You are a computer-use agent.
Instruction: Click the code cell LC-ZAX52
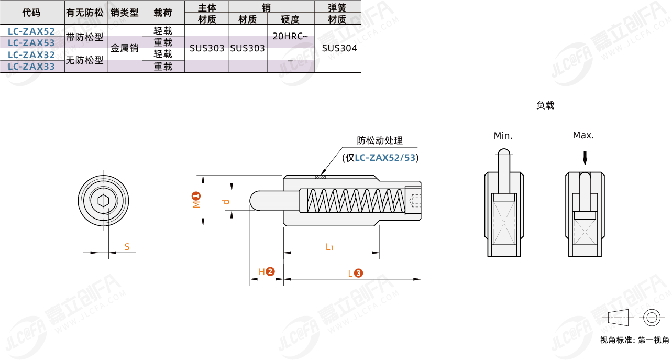pos(31,31)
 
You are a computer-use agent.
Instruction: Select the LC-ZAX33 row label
pos(31,67)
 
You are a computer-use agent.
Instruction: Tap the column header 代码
pos(31,13)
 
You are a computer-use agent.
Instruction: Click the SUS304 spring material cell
pos(339,48)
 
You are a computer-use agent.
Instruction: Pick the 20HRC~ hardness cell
pos(290,36)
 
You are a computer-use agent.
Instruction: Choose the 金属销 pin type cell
pos(125,48)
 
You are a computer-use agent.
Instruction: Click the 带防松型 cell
pos(85,37)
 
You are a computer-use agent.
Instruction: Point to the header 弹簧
pos(337,7)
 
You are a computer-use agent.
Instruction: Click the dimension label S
pos(127,246)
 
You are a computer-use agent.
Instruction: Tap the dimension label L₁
pos(329,246)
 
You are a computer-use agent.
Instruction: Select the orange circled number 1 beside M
pos(196,196)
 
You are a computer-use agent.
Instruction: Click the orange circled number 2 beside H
pos(270,271)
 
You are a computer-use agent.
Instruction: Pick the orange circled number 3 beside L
pos(358,273)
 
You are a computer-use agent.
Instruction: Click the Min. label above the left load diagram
pos(503,136)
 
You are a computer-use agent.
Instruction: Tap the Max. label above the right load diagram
pos(583,135)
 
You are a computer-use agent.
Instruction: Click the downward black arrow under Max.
pos(586,157)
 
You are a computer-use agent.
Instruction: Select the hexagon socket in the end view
pos(103,200)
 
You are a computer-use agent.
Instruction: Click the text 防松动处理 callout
pos(380,140)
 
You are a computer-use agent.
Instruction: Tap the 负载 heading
pos(545,105)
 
